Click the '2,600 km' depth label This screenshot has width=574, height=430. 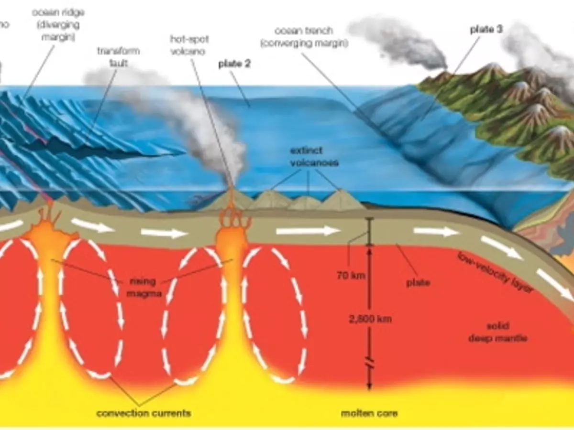click(370, 319)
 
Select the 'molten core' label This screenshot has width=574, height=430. click(369, 413)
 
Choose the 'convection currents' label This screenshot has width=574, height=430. click(143, 413)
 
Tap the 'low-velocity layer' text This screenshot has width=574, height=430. click(495, 272)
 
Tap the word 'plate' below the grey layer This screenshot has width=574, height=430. click(418, 283)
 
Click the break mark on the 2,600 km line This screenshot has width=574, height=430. click(369, 365)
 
